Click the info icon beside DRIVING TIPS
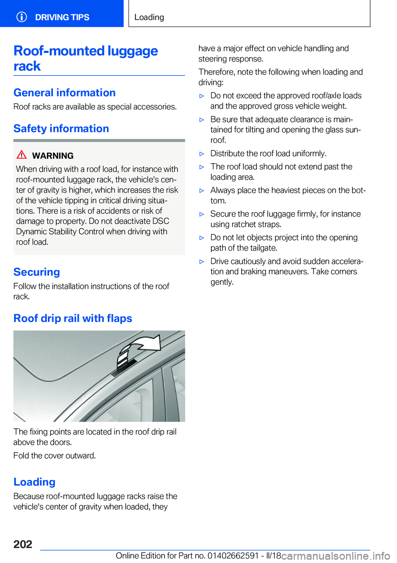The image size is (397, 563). pyautogui.click(x=22, y=17)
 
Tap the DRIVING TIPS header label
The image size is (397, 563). pyautogui.click(x=62, y=17)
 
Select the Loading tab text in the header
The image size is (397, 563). pyautogui.click(x=149, y=17)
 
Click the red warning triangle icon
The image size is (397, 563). pyautogui.click(x=22, y=155)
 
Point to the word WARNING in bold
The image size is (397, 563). pyautogui.click(x=53, y=156)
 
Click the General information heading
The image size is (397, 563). pyautogui.click(x=65, y=93)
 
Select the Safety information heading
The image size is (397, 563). pyautogui.click(x=61, y=129)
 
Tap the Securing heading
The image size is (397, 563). pyautogui.click(x=37, y=272)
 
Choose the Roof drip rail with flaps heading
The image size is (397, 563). pyautogui.click(x=73, y=318)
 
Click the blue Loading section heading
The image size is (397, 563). pyautogui.click(x=34, y=482)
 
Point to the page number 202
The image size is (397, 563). pyautogui.click(x=23, y=544)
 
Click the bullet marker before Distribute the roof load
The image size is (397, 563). pyautogui.click(x=202, y=154)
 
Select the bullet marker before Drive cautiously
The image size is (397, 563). pyautogui.click(x=202, y=262)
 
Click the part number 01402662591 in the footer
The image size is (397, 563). pyautogui.click(x=233, y=556)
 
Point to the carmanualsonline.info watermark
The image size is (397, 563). pyautogui.click(x=336, y=556)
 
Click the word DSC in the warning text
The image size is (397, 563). pyautogui.click(x=161, y=221)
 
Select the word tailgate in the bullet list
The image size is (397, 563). pyautogui.click(x=263, y=248)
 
